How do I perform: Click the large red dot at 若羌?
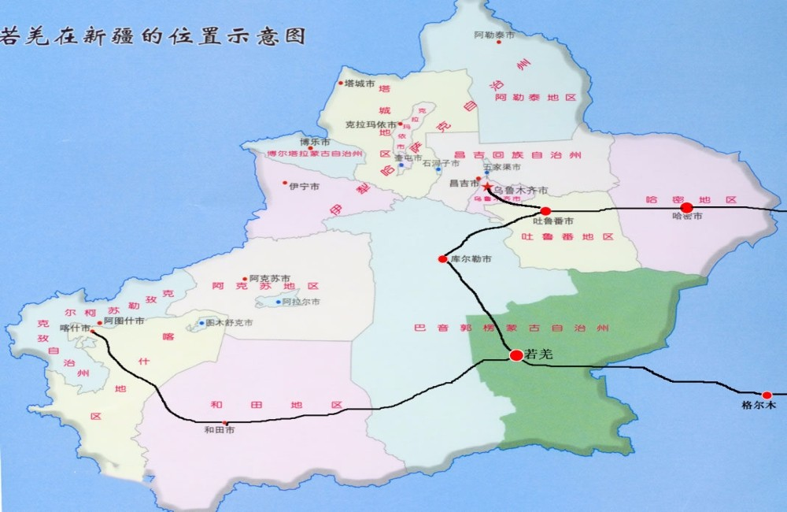click(516, 355)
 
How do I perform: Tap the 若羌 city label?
click(540, 354)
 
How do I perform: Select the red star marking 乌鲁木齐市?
click(487, 187)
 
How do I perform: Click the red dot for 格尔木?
click(767, 395)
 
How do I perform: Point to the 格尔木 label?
click(759, 406)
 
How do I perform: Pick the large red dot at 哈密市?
click(686, 207)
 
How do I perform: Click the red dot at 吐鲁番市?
click(545, 211)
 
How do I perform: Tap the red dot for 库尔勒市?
click(443, 258)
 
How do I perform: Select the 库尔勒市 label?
click(471, 258)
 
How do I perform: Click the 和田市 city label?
click(220, 430)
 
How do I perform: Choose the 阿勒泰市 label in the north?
click(494, 35)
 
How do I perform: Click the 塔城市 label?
click(360, 83)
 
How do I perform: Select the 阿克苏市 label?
click(270, 279)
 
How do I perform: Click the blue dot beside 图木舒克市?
click(201, 323)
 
